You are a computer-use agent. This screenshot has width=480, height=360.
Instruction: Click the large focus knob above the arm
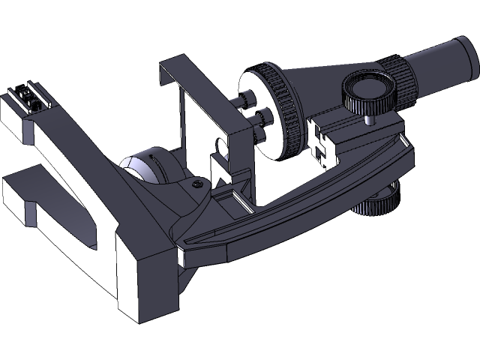(369, 91)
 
